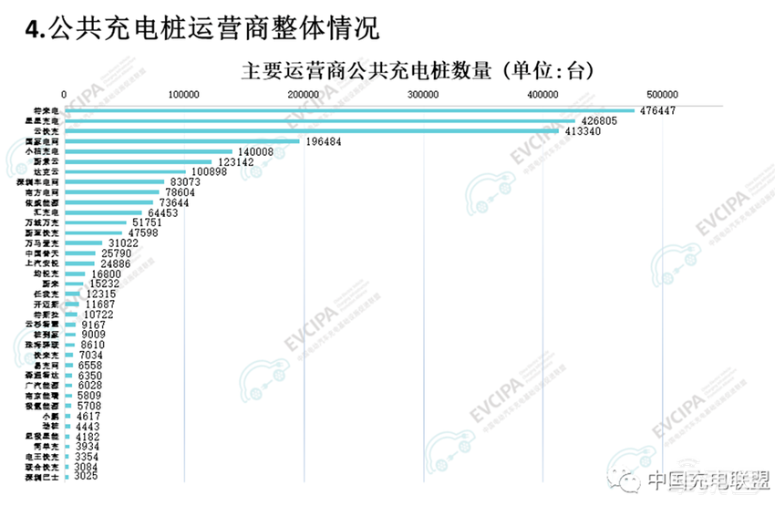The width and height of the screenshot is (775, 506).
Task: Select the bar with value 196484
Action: pyautogui.click(x=182, y=141)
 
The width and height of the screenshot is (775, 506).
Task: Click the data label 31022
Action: pyautogui.click(x=124, y=243)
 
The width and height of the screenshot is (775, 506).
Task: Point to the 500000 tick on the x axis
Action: pyautogui.click(x=663, y=94)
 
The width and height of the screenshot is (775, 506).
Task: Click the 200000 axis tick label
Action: pyautogui.click(x=304, y=94)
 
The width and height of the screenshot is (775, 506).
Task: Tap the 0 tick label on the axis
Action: pyautogui.click(x=65, y=94)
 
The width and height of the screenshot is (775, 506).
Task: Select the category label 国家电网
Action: pyautogui.click(x=44, y=141)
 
